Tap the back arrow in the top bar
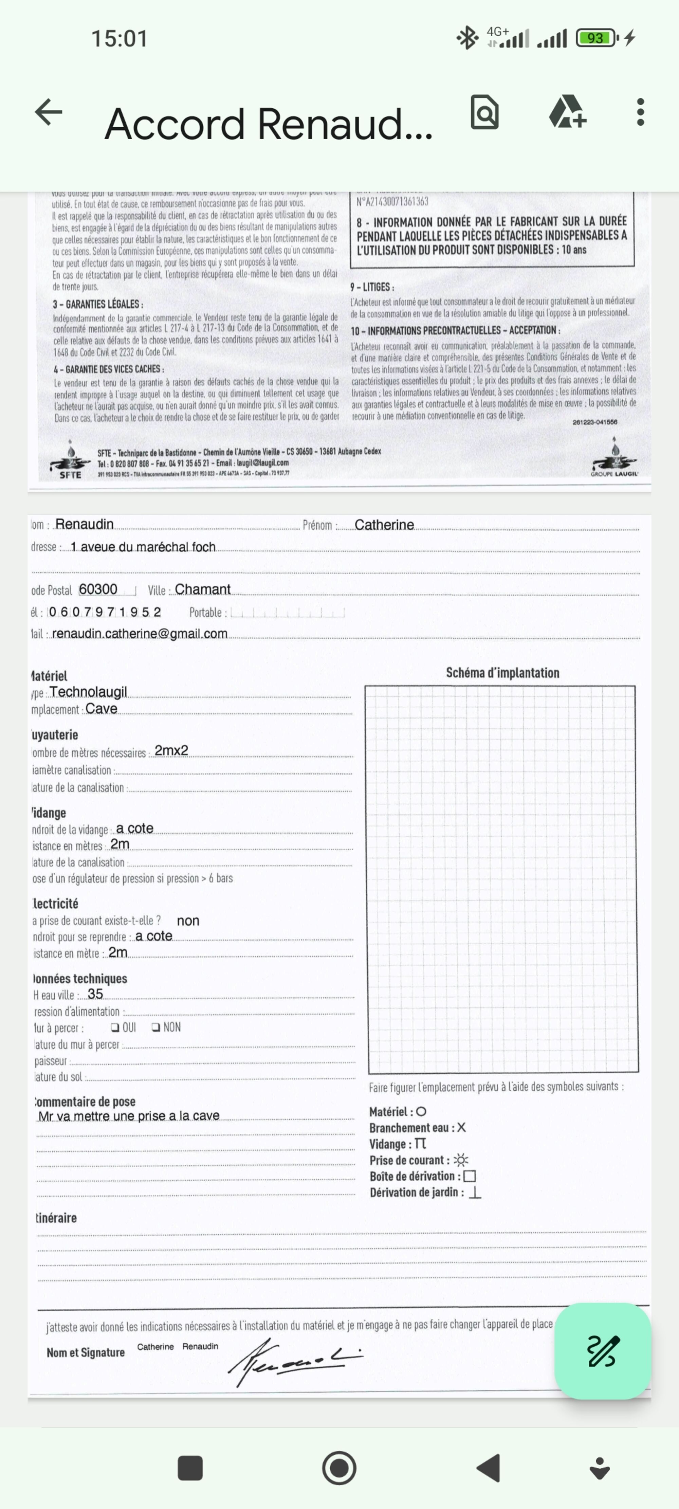click(49, 112)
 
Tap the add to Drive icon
click(567, 112)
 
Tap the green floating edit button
click(602, 1351)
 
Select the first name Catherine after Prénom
click(384, 525)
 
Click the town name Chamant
click(203, 589)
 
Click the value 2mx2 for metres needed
click(171, 750)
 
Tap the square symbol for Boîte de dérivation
click(469, 1176)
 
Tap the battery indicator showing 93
click(596, 38)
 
